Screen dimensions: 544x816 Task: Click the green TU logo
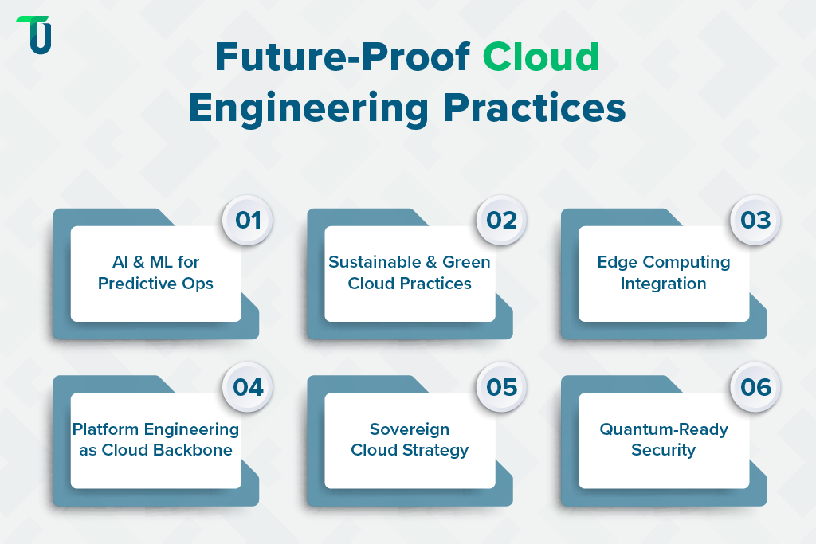34,34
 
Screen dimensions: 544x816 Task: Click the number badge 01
249,219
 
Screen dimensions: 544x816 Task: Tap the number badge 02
502,219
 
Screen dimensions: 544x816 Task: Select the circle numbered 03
756,219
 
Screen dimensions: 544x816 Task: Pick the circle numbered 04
249,387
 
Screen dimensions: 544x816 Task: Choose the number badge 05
502,387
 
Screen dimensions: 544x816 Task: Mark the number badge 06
756,387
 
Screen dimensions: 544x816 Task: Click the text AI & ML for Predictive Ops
156,272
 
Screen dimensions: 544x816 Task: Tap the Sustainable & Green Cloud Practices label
410,272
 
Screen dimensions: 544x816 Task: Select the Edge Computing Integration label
664,272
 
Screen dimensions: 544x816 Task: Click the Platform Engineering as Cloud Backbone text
156,440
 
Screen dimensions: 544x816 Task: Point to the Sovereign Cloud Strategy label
410,440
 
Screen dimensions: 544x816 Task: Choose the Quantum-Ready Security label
664,440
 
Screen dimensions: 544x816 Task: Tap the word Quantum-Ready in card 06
664,429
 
